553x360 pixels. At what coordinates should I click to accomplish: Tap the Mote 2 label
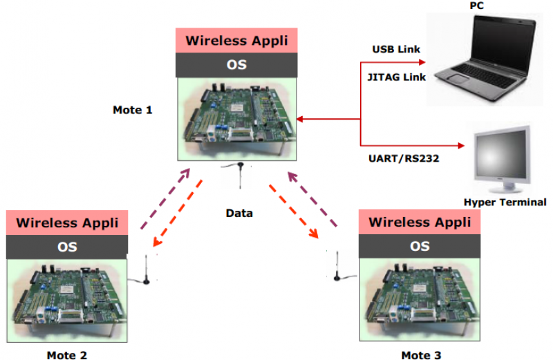(67, 355)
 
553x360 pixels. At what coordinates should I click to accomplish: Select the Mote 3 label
(421, 355)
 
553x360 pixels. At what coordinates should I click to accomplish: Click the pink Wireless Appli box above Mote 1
(236, 40)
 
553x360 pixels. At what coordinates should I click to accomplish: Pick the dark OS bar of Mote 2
(67, 247)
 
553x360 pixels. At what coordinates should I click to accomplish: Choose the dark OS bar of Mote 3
(420, 247)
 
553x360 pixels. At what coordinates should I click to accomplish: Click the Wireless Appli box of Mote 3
(420, 222)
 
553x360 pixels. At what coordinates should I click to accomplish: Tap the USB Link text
(396, 50)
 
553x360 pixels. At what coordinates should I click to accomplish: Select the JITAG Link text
(396, 77)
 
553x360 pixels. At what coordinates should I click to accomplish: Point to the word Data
(239, 213)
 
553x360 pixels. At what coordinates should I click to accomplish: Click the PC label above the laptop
(476, 6)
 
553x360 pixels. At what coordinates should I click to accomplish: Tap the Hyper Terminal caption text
(505, 202)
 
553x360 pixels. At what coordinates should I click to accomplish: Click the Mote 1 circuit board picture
(236, 117)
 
